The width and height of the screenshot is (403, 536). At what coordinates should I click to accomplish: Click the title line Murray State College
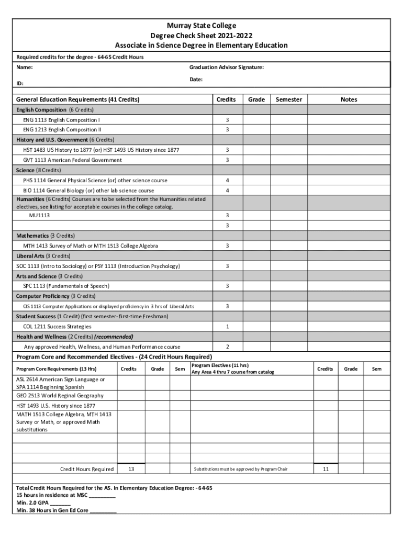(201, 26)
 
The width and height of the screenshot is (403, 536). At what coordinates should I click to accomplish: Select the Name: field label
(25, 68)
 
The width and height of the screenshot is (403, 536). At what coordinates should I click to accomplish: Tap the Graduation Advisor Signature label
(226, 68)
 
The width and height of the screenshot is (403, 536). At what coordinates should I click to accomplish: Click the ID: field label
(20, 83)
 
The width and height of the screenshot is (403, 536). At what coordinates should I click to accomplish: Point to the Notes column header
(348, 99)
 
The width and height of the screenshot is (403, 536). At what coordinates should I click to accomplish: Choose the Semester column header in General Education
(288, 99)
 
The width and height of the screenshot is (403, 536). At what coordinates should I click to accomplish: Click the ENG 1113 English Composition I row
(61, 120)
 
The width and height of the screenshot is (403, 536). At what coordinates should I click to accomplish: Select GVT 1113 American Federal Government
(72, 160)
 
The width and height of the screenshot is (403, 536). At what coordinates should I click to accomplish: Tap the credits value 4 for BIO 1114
(227, 191)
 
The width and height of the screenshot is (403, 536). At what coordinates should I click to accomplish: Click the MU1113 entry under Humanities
(39, 215)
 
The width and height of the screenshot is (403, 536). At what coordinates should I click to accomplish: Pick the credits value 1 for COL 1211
(227, 327)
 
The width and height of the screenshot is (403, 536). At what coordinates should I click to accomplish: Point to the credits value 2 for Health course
(227, 347)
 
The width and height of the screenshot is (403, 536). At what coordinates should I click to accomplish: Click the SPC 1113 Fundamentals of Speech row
(66, 286)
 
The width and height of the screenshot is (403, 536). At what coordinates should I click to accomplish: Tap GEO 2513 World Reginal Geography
(60, 396)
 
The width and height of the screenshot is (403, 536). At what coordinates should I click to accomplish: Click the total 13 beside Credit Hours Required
(131, 470)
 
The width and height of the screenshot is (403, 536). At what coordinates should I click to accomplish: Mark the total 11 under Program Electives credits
(325, 470)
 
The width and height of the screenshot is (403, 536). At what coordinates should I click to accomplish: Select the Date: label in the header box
(196, 80)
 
